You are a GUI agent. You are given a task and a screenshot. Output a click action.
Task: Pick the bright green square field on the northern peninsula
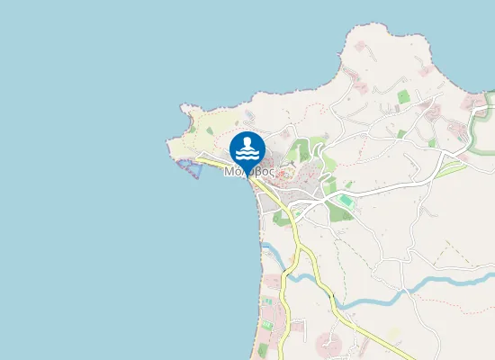pyautogui.click(x=402, y=95)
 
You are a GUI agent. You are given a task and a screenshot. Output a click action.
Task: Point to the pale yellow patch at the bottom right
pyautogui.click(x=393, y=335)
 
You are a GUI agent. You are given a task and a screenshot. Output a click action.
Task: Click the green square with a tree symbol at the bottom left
pyautogui.click(x=267, y=324)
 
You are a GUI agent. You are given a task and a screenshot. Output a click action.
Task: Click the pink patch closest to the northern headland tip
pyautogui.click(x=364, y=44)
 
